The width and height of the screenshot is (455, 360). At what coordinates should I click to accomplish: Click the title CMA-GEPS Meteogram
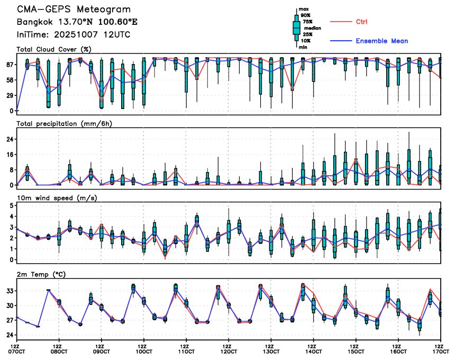74,10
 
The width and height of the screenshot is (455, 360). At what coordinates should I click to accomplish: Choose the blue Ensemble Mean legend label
381,41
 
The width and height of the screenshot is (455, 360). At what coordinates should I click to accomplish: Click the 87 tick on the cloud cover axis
10,65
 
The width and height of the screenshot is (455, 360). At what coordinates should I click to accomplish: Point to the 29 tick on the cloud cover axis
10,95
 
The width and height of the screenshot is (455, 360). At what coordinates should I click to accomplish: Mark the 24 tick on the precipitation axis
10,139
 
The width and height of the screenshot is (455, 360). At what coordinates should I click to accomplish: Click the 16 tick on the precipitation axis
10,155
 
